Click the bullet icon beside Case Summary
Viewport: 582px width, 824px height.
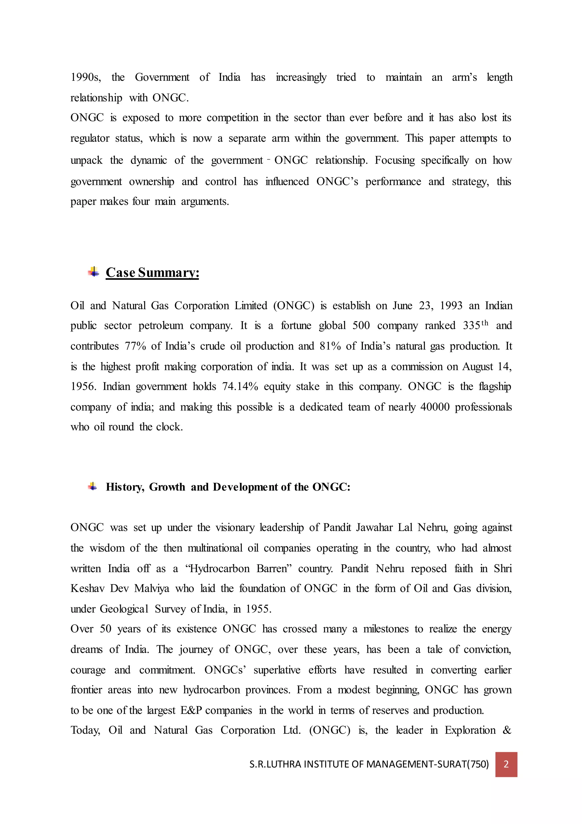coord(93,272)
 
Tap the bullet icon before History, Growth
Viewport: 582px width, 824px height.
coord(92,487)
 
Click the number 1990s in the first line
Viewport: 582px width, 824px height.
coord(85,77)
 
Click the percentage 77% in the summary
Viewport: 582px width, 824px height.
coord(135,346)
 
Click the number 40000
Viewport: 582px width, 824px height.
coord(435,407)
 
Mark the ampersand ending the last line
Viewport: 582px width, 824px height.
coord(507,730)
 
